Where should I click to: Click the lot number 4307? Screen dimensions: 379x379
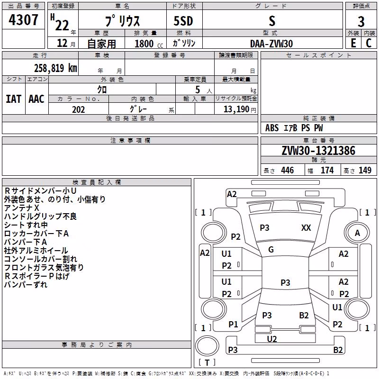[23, 20]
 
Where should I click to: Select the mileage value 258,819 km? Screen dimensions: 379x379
[55, 68]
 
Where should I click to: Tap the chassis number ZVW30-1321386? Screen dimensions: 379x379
[318, 151]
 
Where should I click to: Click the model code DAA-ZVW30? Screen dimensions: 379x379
[271, 44]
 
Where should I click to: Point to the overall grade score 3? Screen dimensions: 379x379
[361, 22]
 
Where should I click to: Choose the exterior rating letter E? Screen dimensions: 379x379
[353, 43]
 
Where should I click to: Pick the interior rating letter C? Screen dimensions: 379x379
[369, 43]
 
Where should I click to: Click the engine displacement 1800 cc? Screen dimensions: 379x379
[149, 44]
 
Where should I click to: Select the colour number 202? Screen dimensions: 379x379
[78, 109]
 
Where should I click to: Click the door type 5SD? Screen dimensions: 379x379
[183, 21]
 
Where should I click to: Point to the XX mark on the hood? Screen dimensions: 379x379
[306, 228]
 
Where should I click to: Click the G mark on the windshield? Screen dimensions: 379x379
[271, 250]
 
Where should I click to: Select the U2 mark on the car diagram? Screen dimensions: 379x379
[271, 339]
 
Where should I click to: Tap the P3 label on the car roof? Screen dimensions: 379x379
[285, 282]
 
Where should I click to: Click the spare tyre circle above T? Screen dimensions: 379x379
[207, 346]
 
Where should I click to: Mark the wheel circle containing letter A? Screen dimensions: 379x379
[357, 233]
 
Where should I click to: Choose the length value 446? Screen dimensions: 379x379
[288, 170]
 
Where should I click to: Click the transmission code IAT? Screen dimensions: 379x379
[13, 99]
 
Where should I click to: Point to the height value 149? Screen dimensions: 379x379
[365, 170]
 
